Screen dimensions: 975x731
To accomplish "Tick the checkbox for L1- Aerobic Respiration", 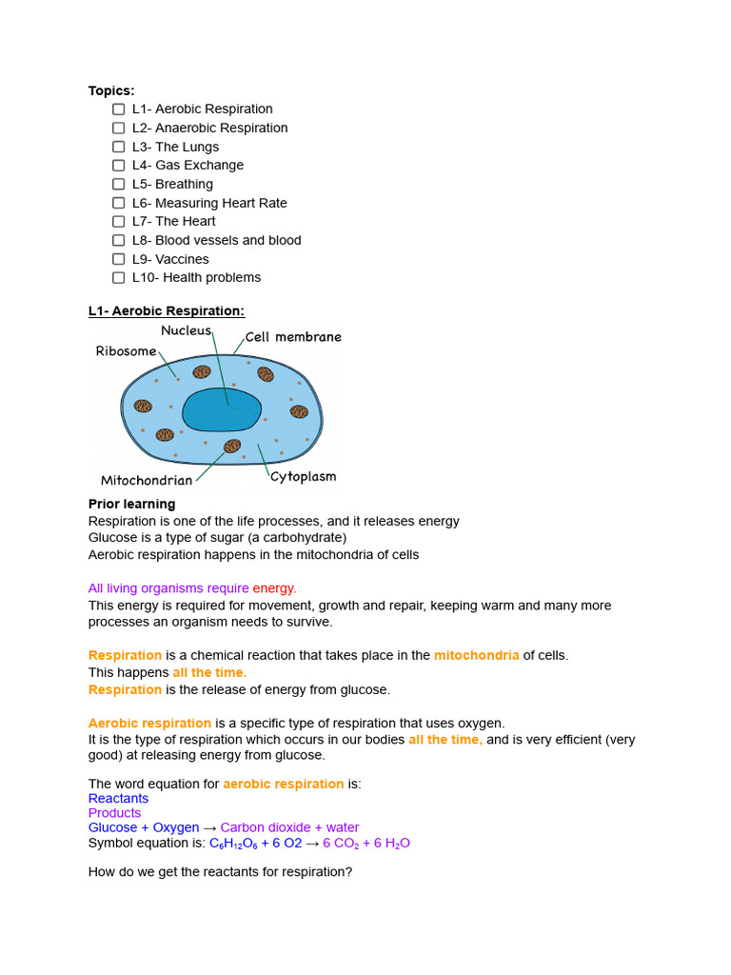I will tap(118, 109).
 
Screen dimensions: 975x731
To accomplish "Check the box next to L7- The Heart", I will tap(118, 222).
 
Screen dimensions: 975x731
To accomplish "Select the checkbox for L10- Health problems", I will tap(118, 278).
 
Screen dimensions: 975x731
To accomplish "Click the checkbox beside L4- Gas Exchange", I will tap(118, 166).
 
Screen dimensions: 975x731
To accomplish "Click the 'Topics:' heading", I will tap(111, 90).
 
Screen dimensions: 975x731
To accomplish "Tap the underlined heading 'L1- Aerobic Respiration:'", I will tap(167, 310).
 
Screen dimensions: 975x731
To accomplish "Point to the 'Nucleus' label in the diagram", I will tap(186, 330).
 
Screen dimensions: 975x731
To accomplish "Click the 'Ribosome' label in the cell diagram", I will tap(126, 351).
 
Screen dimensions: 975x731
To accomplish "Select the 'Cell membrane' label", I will tap(293, 337).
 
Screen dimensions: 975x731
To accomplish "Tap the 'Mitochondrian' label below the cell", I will tap(147, 480).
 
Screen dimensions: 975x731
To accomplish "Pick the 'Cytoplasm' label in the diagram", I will tap(303, 476).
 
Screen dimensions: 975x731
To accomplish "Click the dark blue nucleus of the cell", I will tap(221, 409).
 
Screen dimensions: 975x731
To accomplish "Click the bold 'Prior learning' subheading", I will tap(131, 504).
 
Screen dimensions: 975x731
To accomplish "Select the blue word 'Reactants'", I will tap(118, 798).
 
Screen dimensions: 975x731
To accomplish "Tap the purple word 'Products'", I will tap(114, 813).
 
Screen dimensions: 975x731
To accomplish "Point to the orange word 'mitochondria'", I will tap(476, 655).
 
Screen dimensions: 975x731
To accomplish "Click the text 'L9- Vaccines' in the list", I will tap(170, 259).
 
